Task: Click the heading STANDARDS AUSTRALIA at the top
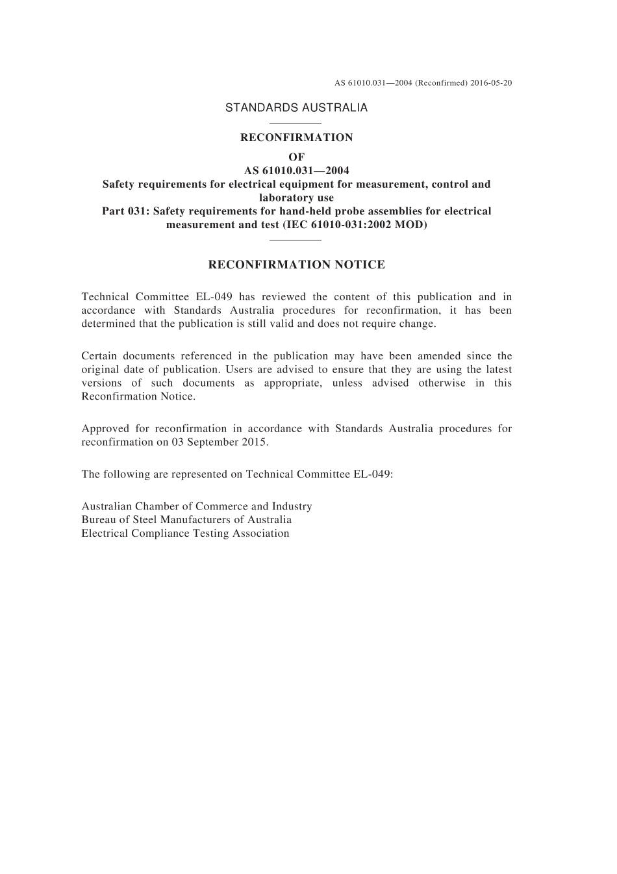coord(296,108)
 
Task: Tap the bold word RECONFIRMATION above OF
coord(296,137)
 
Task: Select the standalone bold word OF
coord(296,157)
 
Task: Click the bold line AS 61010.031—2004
coord(296,170)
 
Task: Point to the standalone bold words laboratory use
coord(296,198)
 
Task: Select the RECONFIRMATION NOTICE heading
coord(296,264)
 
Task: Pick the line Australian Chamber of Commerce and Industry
coord(196,506)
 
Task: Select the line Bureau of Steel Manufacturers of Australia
coord(186,519)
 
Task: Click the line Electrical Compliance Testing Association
coord(185,533)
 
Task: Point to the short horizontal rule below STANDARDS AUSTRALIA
coord(295,123)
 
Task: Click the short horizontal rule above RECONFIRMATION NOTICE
coord(295,240)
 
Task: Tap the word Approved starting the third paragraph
coord(105,428)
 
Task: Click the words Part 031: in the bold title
coord(125,211)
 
